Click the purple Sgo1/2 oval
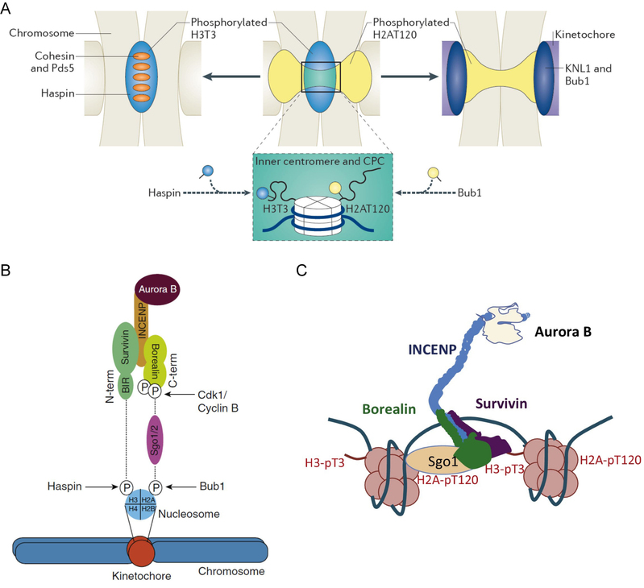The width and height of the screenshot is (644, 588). click(x=153, y=440)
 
